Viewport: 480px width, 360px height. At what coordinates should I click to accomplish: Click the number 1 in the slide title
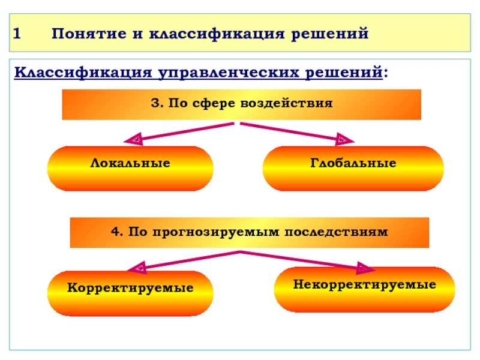[18, 33]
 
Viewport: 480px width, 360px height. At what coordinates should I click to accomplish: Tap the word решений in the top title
[329, 33]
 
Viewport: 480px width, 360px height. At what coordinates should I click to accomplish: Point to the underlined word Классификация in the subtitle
[83, 73]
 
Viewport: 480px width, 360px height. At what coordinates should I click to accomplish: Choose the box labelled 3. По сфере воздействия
[241, 104]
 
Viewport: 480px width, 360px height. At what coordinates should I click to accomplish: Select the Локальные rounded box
[130, 169]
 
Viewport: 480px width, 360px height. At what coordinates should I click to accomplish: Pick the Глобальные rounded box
[353, 169]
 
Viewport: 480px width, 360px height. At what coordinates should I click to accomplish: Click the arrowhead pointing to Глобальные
[345, 140]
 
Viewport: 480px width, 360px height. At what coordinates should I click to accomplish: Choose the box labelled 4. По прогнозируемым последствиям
[250, 233]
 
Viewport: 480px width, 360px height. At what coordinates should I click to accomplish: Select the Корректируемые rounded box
[130, 293]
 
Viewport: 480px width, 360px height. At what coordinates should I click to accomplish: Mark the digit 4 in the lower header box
[114, 231]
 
